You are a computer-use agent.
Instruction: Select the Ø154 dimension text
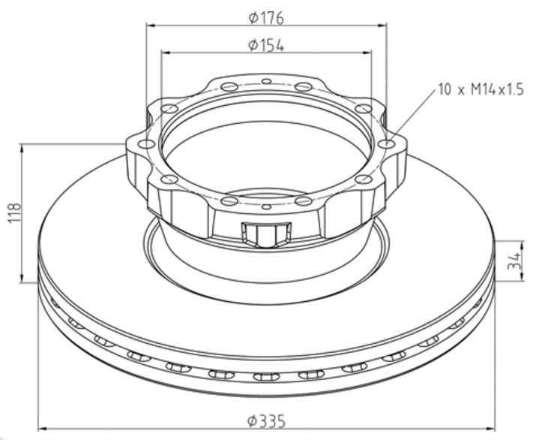click(266, 44)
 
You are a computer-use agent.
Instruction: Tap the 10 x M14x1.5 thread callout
click(480, 90)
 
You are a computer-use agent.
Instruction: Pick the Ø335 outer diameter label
click(266, 421)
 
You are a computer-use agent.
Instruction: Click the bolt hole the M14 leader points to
click(386, 143)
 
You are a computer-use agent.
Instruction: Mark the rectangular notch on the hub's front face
click(267, 234)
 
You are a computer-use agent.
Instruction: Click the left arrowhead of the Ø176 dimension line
click(150, 25)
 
